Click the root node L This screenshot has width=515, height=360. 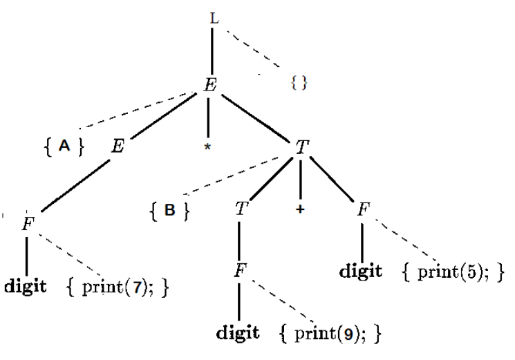[214, 19]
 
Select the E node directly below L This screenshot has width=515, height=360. [212, 85]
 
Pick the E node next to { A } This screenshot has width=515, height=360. [118, 146]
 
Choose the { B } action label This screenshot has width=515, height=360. [169, 211]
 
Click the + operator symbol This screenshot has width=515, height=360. [300, 210]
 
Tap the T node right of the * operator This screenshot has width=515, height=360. [301, 146]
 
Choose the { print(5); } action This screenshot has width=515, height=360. [452, 270]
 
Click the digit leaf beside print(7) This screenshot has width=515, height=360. [26, 285]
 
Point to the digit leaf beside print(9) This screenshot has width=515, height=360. [238, 333]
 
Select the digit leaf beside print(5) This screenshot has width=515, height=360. [361, 270]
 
